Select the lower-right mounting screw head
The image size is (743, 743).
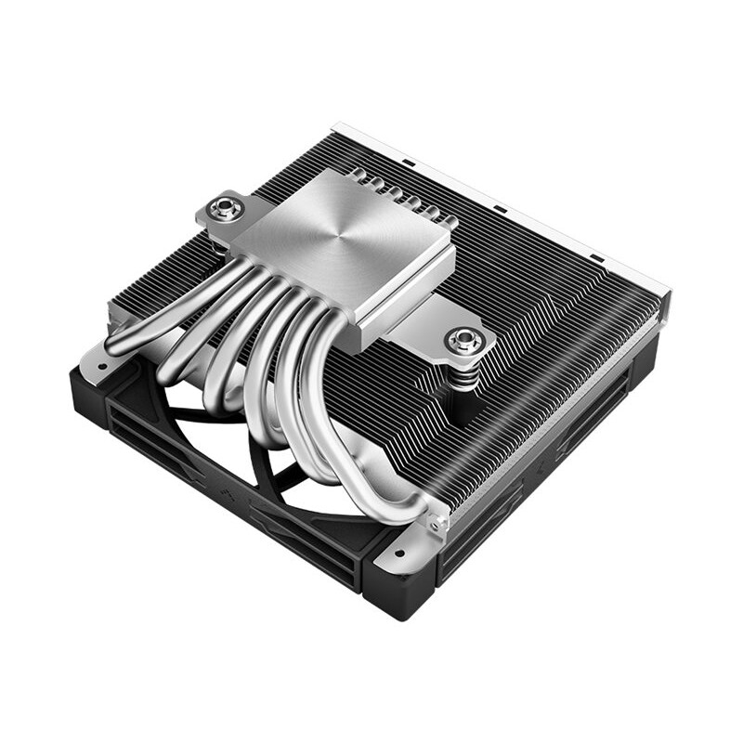click(463, 340)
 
